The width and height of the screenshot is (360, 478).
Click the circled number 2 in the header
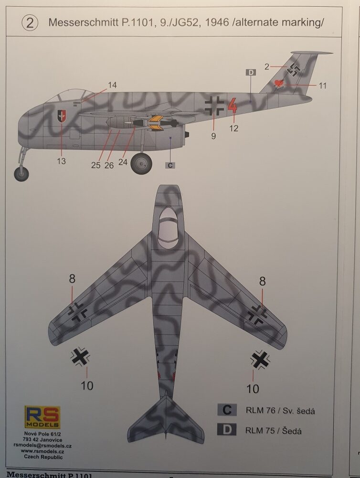pyautogui.click(x=30, y=23)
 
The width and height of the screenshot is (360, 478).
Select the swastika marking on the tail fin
pyautogui.click(x=294, y=70)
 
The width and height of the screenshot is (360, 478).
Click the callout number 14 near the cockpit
pyautogui.click(x=112, y=85)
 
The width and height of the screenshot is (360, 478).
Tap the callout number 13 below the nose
pyautogui.click(x=61, y=161)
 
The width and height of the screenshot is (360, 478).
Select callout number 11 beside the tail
pyautogui.click(x=322, y=85)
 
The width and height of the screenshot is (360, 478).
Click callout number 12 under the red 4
pyautogui.click(x=233, y=128)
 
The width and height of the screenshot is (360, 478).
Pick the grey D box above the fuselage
pyautogui.click(x=251, y=73)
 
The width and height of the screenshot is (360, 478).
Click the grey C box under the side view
pyautogui.click(x=170, y=165)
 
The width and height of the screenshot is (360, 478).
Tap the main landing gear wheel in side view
pyautogui.click(x=141, y=164)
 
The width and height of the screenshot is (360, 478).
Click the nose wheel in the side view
pyautogui.click(x=21, y=173)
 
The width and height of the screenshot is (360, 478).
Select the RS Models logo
pyautogui.click(x=42, y=417)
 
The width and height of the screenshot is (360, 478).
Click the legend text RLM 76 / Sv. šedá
pyautogui.click(x=280, y=411)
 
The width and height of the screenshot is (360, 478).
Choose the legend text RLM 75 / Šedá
pyautogui.click(x=274, y=430)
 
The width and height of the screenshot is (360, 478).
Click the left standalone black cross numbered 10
pyautogui.click(x=80, y=356)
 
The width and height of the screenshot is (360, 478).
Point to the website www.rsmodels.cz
pyautogui.click(x=42, y=451)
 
